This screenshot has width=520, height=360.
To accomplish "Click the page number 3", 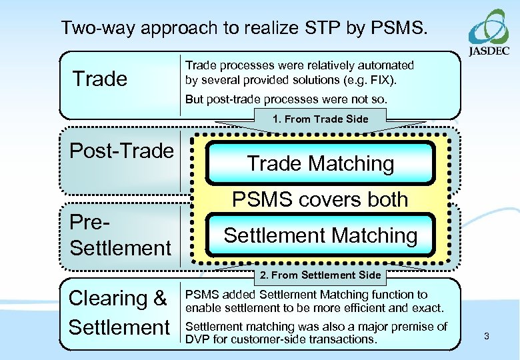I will pos(486,336).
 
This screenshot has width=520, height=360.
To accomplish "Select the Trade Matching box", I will pos(320,163).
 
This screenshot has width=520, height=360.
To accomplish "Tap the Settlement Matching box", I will pos(320,235).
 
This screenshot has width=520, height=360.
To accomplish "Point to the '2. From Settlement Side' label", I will pos(320,275).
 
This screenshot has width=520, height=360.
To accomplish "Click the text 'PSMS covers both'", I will pos(320,199).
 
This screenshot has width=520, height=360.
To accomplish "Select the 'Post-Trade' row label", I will pos(121,151).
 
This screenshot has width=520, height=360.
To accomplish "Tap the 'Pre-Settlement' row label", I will pos(120,235).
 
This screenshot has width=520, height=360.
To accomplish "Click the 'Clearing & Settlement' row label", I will pos(119,313).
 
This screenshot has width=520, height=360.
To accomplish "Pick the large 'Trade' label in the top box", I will pos(99,79).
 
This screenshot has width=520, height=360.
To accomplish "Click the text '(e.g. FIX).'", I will pos(370,81).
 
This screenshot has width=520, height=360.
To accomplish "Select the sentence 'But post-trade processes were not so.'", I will pos(285,99).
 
